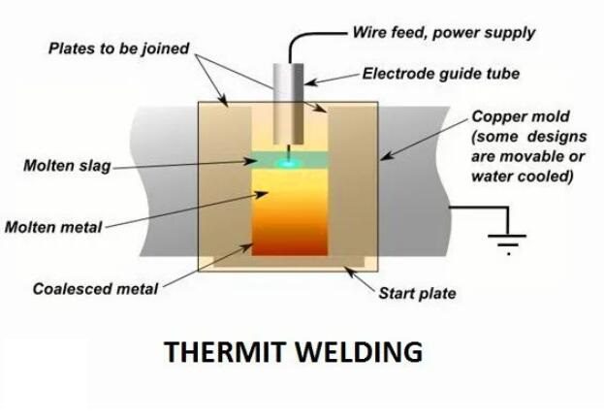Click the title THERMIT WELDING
tap(294, 351)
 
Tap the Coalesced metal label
tap(95, 288)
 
